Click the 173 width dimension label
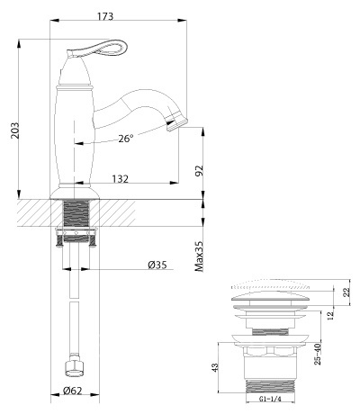(105, 16)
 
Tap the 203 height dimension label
(14, 130)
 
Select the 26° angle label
(125, 139)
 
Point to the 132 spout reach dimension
(121, 179)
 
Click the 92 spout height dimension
(199, 171)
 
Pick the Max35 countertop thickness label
(199, 256)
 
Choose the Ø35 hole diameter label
(157, 265)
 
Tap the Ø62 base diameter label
(72, 391)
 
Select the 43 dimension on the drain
(215, 367)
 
